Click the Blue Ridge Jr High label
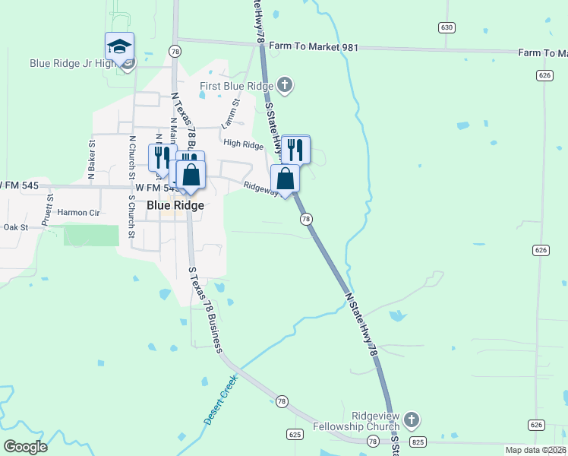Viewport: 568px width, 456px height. click(73, 63)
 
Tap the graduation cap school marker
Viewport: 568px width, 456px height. click(119, 47)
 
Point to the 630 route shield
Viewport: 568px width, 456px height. click(447, 27)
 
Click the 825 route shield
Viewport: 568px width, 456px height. click(417, 441)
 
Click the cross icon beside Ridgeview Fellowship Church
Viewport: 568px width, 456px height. click(411, 420)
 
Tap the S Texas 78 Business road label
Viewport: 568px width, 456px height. click(204, 309)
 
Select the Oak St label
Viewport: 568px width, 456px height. click(15, 227)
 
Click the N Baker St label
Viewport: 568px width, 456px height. click(90, 160)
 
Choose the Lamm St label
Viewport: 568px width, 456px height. click(230, 112)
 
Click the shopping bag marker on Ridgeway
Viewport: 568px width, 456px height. click(286, 180)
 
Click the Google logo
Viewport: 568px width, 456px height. click(25, 447)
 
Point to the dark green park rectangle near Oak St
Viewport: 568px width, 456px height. click(91, 236)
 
